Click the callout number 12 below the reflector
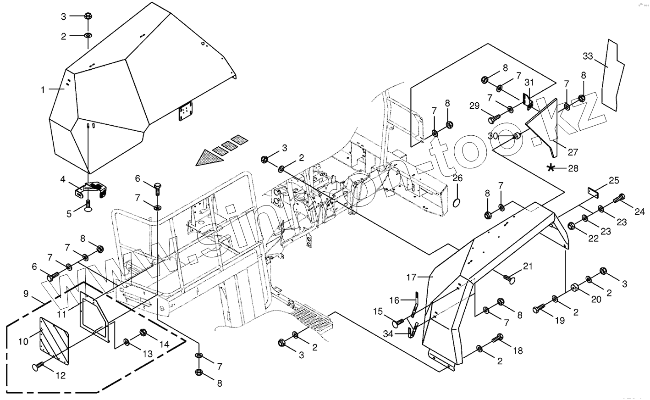pos(61,376)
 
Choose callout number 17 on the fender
pos(411,278)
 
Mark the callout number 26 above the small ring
pos(458,178)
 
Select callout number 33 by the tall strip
pos(588,56)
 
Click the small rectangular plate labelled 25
pos(593,193)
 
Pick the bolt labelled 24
pos(617,199)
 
